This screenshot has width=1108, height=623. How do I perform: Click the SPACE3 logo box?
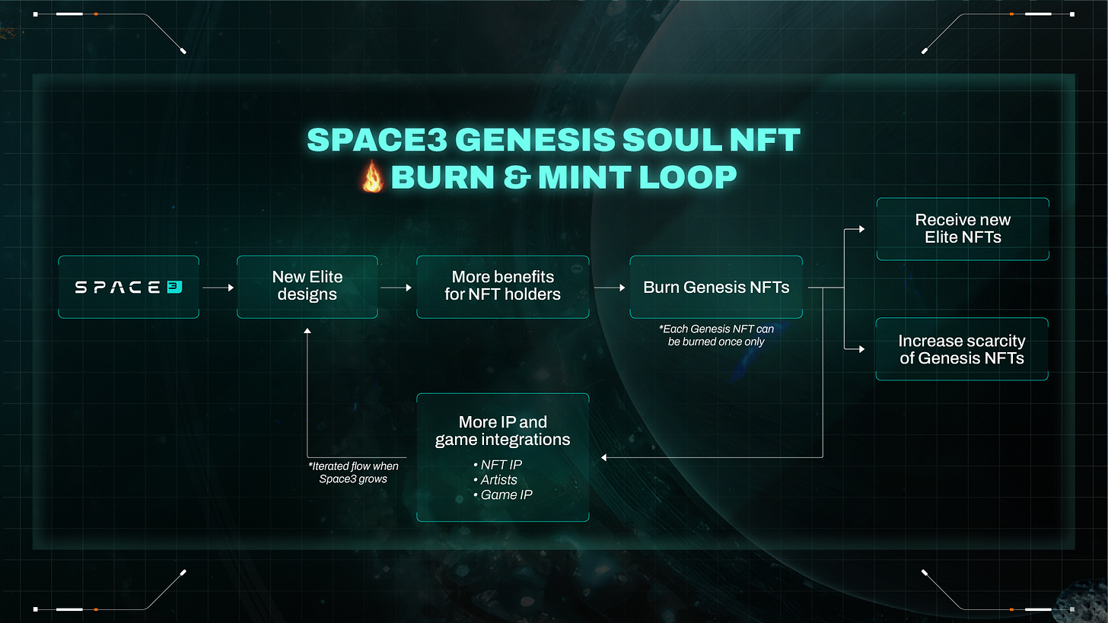click(x=129, y=287)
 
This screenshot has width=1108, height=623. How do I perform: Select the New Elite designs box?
click(x=307, y=287)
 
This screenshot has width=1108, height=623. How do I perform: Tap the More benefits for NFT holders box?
click(x=502, y=287)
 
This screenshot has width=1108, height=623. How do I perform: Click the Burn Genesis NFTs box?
click(x=716, y=287)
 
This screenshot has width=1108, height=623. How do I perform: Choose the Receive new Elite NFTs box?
click(x=963, y=229)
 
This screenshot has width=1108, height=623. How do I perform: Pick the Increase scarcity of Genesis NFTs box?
click(x=962, y=349)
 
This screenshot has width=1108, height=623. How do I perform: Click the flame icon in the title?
click(x=372, y=178)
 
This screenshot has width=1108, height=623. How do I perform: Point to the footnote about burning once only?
click(x=716, y=335)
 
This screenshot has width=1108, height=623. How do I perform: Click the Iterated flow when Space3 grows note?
click(x=354, y=472)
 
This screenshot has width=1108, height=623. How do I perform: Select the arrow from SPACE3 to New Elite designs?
click(x=218, y=288)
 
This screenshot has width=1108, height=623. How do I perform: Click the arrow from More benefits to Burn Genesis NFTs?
click(x=609, y=288)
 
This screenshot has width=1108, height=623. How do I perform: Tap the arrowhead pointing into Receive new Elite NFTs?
click(x=861, y=228)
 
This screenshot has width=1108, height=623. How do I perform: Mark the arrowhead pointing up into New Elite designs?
click(x=307, y=332)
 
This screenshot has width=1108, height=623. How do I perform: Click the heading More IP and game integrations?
click(x=502, y=431)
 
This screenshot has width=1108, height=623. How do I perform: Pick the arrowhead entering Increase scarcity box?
click(x=861, y=349)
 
